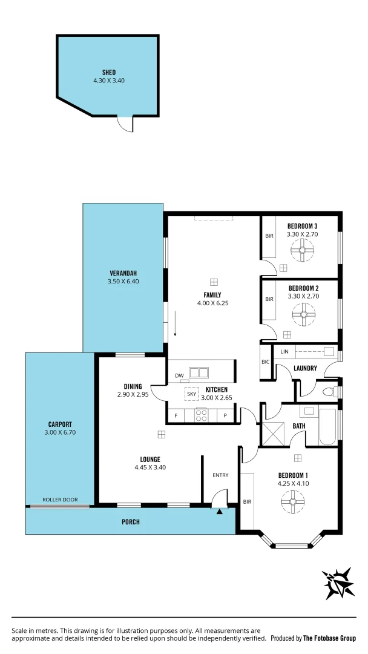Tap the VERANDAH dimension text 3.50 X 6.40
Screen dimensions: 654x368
point(123,281)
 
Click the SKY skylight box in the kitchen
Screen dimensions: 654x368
point(192,393)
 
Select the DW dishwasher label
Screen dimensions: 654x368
point(179,376)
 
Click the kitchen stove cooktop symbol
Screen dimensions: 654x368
point(201,415)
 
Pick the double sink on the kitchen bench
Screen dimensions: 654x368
point(199,372)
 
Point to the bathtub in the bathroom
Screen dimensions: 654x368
point(327,427)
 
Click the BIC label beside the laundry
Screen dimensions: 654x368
point(265,362)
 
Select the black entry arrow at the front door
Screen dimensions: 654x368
point(219,511)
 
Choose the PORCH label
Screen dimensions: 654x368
point(131,521)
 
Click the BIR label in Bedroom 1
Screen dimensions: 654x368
point(247,501)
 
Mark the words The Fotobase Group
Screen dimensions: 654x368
point(330,638)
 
